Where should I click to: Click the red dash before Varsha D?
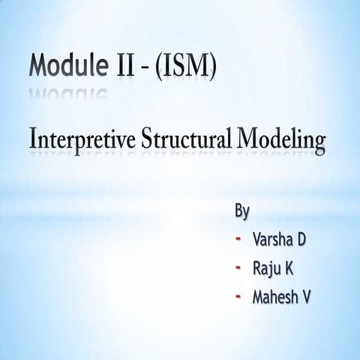click(238, 240)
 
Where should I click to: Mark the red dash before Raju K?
click(238, 268)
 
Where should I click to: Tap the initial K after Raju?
click(291, 268)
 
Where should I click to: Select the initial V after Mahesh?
click(307, 297)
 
